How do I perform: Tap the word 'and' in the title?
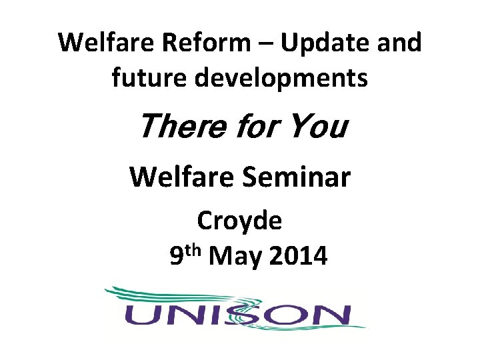[397, 43]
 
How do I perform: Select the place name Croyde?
[239, 221]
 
